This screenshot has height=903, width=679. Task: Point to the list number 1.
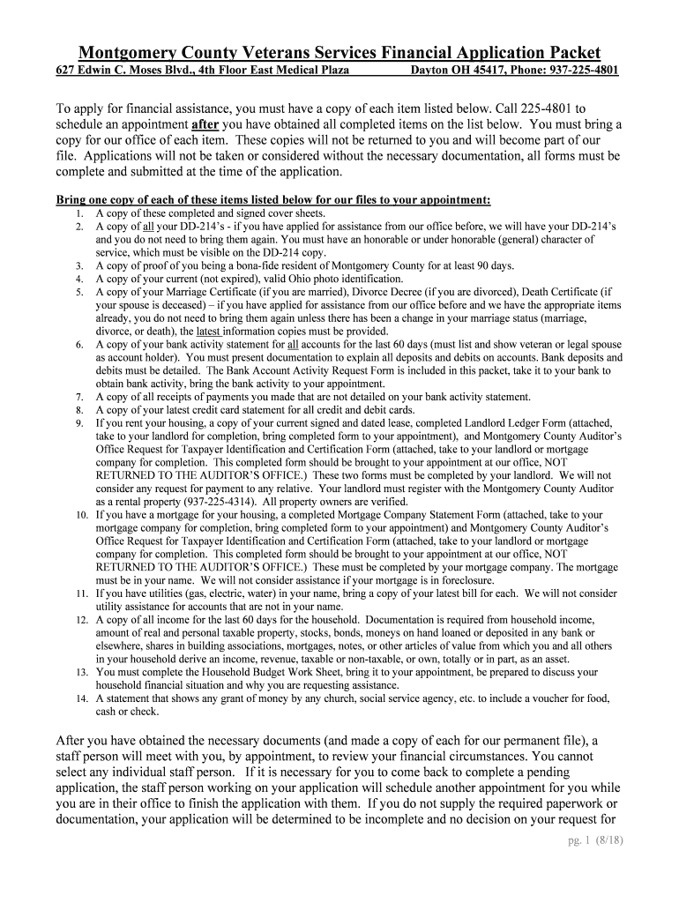coord(79,213)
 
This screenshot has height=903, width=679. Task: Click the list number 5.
coord(79,292)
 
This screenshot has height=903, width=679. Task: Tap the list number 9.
coord(79,423)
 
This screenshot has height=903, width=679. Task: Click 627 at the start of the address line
coord(65,71)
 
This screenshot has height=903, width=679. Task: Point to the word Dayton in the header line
coord(431,71)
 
